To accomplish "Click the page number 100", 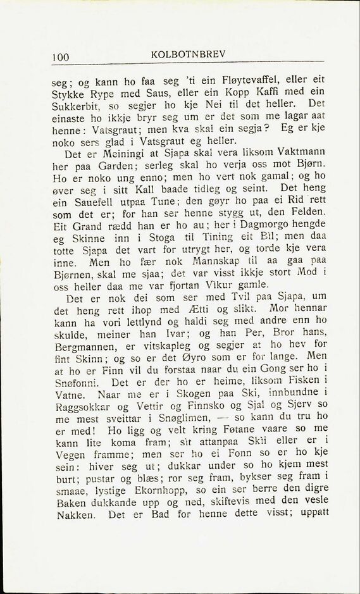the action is tap(61, 58).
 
